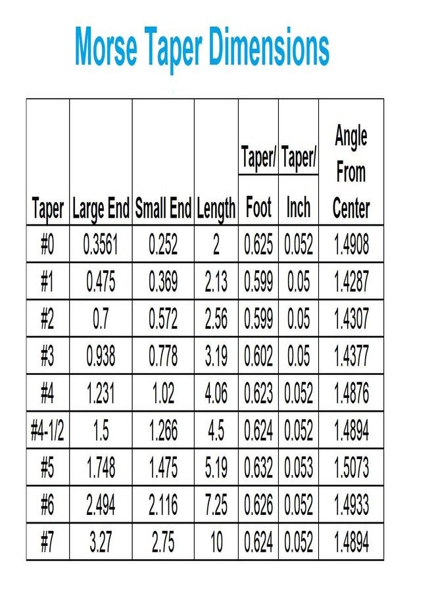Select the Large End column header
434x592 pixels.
click(101, 209)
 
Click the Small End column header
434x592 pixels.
click(163, 209)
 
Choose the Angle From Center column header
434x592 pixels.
click(351, 172)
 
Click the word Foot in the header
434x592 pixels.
click(258, 209)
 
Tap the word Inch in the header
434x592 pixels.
click(299, 209)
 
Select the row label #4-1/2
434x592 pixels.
click(47, 431)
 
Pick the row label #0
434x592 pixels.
click(47, 245)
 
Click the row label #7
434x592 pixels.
click(47, 543)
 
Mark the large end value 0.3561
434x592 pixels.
click(101, 245)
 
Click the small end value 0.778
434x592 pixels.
click(163, 357)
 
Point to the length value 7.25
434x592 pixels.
click(216, 506)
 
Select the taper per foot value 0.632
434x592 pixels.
click(258, 468)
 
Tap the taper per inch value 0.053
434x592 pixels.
click(299, 468)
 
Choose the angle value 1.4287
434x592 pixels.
click(351, 282)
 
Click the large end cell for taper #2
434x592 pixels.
click(101, 319)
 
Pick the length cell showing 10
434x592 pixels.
click(216, 543)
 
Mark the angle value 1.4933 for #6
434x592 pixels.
click(351, 506)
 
